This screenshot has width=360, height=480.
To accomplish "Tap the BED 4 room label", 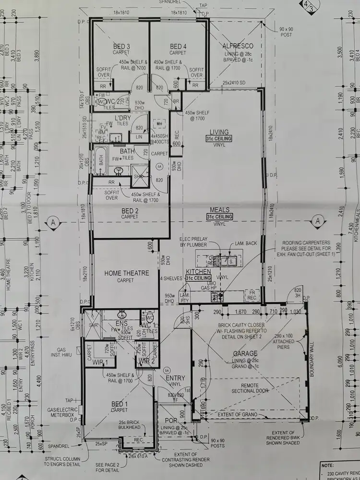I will click(x=178, y=46).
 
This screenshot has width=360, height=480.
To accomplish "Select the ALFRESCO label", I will click(x=238, y=46).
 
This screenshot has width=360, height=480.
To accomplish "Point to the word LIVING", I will click(x=219, y=132).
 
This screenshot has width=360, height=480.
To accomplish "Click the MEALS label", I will click(x=219, y=210).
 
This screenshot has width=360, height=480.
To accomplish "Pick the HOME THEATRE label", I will click(x=127, y=273).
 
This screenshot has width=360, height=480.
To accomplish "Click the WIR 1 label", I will click(x=100, y=361).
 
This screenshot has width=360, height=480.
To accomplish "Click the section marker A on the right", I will click(x=317, y=221).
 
